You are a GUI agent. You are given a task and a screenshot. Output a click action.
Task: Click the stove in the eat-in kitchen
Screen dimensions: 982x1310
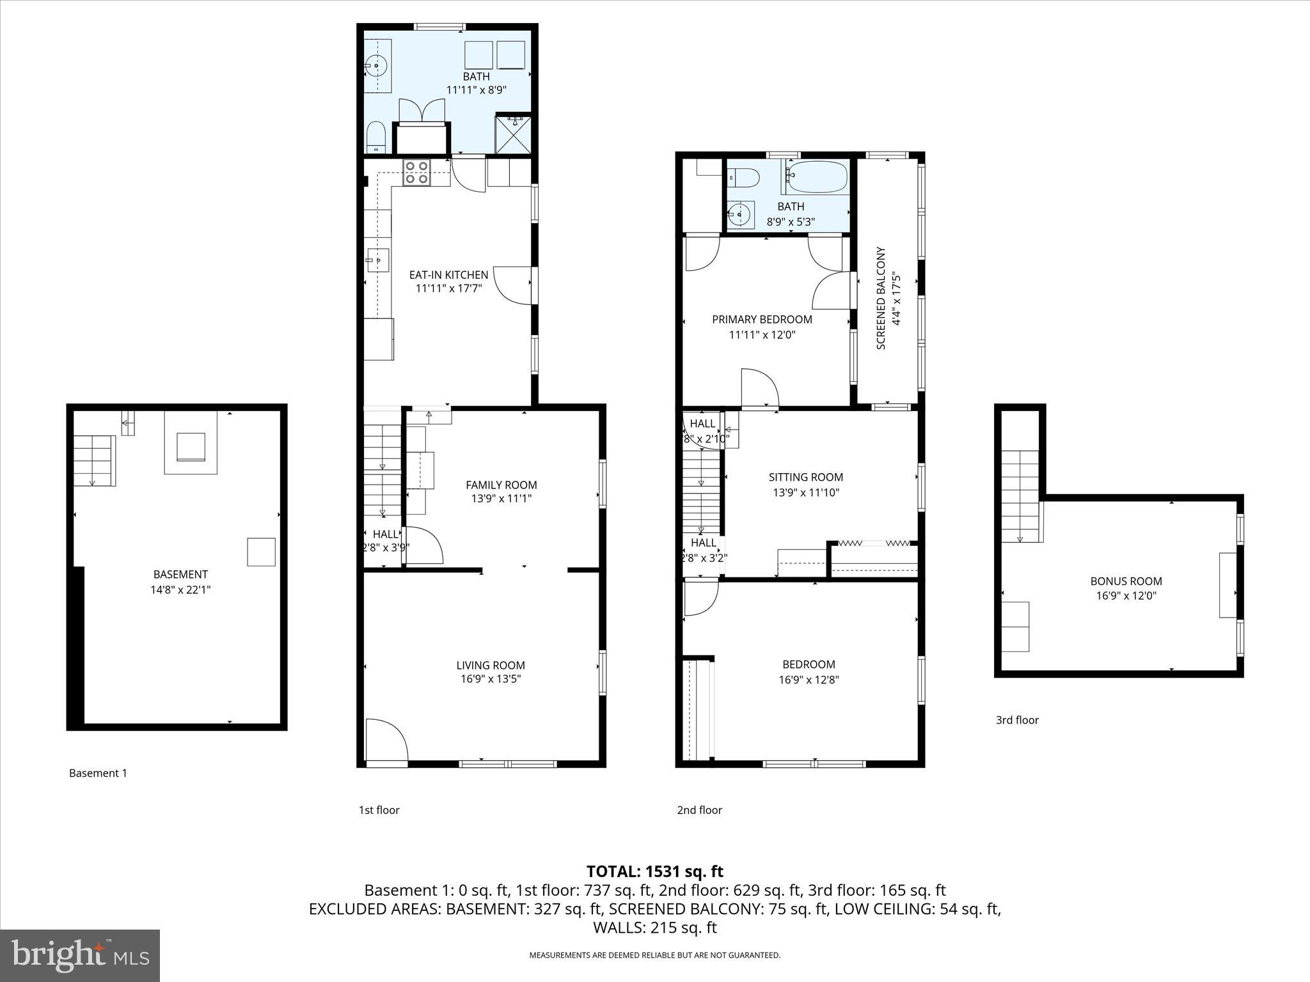coord(417,173)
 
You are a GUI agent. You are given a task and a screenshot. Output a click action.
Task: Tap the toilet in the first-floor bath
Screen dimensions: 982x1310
coord(375,137)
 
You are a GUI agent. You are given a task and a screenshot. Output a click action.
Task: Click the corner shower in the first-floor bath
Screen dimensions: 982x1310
coord(513,135)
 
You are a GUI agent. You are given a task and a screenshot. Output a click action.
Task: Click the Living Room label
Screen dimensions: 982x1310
coord(491,665)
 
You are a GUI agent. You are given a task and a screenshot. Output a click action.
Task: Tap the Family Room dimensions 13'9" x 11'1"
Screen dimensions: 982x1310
coord(501,499)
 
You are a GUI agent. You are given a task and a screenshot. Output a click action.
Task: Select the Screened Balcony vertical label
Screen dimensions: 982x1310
coord(881,298)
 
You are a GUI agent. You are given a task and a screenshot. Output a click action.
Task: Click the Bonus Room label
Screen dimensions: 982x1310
coord(1126,581)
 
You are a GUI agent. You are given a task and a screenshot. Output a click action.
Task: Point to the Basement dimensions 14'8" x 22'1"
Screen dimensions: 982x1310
coord(180,589)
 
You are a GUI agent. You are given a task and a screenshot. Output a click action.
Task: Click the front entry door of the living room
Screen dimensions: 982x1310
coord(386,742)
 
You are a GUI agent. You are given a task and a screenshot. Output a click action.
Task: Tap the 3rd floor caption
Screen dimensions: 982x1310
coord(1017,720)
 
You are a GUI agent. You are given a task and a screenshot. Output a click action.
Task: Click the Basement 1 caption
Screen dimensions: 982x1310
coord(98,773)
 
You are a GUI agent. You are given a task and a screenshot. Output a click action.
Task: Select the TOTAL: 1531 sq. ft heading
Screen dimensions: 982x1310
coord(654,871)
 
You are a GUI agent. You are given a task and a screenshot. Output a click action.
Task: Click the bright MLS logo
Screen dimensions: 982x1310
coord(80,956)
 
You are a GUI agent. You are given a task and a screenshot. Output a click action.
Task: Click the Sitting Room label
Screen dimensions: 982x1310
coord(805,477)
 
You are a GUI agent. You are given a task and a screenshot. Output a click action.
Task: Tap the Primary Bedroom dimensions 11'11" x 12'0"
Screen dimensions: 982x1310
coord(762,334)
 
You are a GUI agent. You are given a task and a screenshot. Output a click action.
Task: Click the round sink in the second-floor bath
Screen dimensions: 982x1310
coord(741,214)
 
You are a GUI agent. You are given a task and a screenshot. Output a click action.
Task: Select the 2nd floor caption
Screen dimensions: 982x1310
coord(699,810)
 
